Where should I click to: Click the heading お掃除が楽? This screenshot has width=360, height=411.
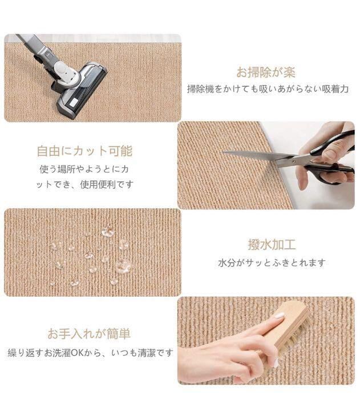[x=266, y=72]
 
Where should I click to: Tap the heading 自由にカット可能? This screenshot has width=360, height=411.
[x=84, y=151]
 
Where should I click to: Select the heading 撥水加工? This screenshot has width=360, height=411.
[x=272, y=244]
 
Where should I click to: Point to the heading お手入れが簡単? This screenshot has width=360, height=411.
[x=89, y=333]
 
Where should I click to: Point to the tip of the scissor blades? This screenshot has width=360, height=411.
[x=223, y=151]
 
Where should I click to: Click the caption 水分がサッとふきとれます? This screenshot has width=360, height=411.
[x=272, y=263]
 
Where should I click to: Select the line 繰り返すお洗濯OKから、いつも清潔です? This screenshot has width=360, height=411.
[x=90, y=353]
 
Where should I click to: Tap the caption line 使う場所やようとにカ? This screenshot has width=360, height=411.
[x=84, y=169]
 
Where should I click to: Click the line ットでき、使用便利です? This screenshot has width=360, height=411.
[x=84, y=184]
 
